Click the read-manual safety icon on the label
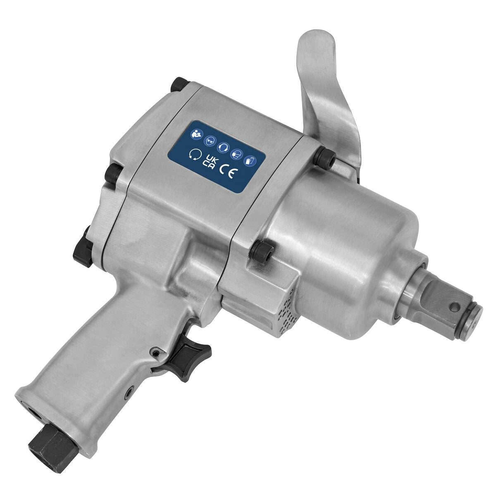(195, 134)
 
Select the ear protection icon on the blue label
(224, 147)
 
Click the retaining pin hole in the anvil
(455, 307)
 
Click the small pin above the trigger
(156, 352)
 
